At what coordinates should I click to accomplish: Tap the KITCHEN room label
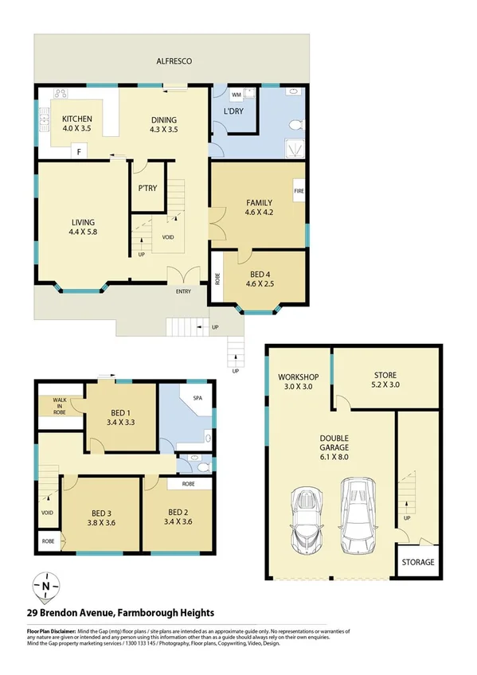83,120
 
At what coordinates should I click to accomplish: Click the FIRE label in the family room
299,192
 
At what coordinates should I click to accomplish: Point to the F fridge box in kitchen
79,150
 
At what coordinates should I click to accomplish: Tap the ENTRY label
183,291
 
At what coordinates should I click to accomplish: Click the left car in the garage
304,521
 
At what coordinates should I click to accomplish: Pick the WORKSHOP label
299,376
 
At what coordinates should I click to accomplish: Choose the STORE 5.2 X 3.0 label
385,380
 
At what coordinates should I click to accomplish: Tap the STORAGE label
417,562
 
